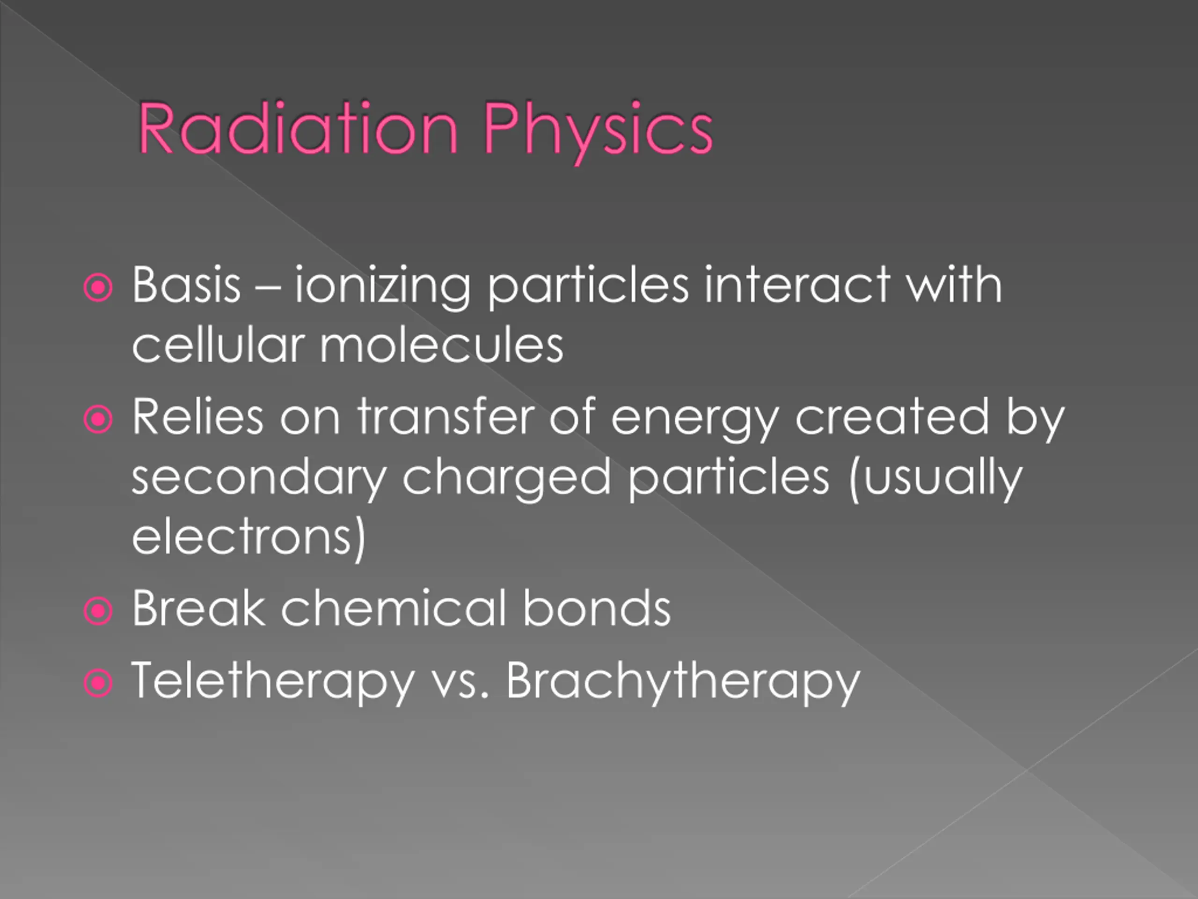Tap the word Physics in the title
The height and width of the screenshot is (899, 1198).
[x=598, y=133]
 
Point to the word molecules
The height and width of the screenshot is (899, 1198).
[x=441, y=345]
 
